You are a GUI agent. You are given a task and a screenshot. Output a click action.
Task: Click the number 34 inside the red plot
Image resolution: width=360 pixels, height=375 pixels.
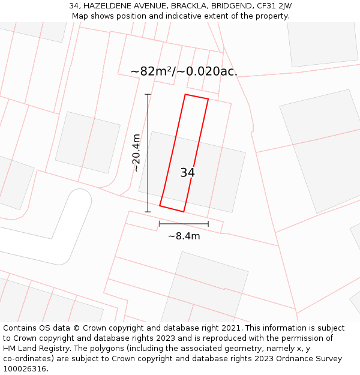(187, 173)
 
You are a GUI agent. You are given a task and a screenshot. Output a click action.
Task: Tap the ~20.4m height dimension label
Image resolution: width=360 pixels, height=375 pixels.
(137, 153)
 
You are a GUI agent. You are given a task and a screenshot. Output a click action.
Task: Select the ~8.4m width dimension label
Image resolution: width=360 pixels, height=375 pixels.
(184, 236)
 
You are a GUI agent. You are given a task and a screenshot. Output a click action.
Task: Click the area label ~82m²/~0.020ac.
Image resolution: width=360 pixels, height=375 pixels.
(184, 71)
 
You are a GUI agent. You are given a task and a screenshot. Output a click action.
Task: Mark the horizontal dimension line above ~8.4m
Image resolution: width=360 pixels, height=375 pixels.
(184, 224)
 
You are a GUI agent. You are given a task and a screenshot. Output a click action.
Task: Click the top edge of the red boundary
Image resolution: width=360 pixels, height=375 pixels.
(197, 97)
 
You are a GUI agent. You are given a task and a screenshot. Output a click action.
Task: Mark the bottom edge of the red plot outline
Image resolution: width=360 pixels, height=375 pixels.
(172, 209)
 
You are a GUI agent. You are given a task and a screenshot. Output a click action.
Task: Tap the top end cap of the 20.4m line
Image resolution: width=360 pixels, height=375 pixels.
(148, 94)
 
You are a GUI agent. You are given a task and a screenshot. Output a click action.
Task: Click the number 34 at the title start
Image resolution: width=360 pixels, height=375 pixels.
(74, 6)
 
